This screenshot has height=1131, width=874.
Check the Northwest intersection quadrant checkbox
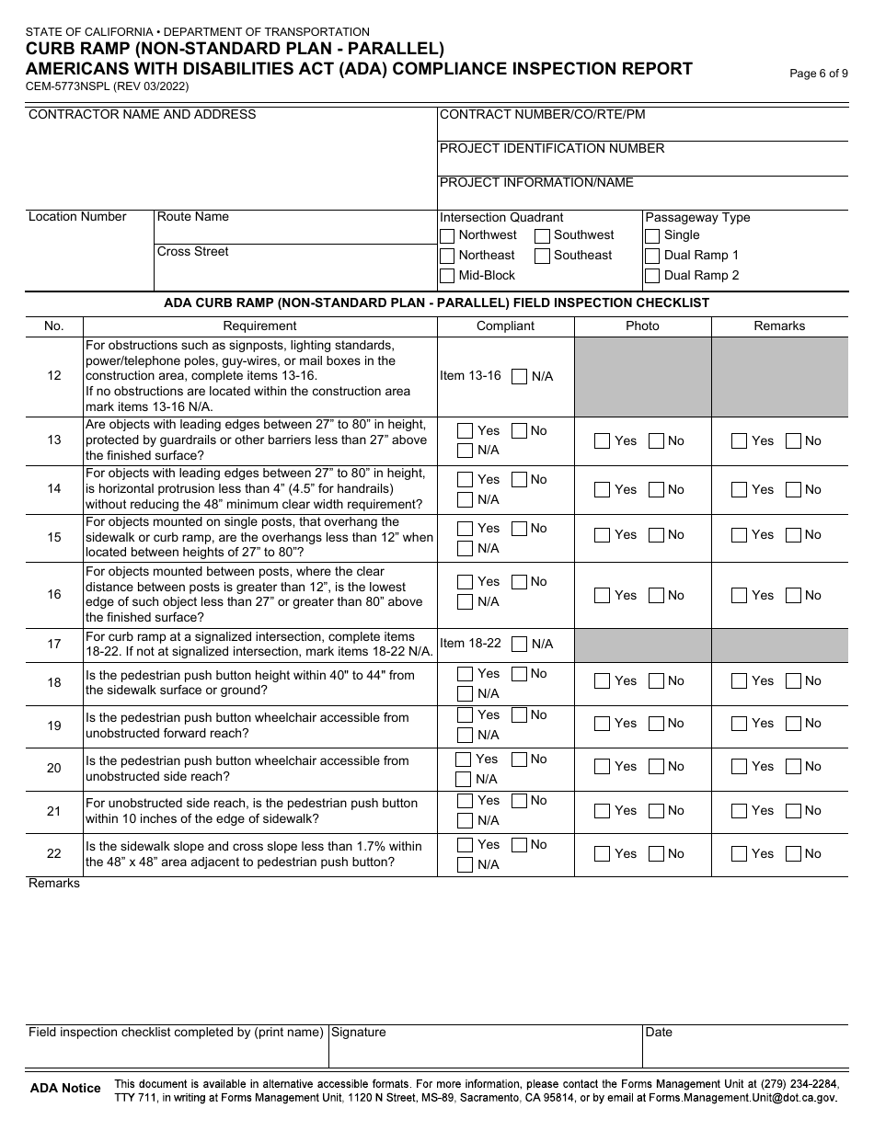[x=447, y=235]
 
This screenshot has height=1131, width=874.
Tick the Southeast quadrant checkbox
[x=543, y=256]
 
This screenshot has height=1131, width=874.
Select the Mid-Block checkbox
[x=447, y=276]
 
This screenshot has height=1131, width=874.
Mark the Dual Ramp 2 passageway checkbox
[x=652, y=276]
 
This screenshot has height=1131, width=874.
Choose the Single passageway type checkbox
[x=652, y=235]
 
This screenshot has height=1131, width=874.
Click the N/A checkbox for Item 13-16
[x=520, y=376]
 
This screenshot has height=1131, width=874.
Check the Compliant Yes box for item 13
[x=466, y=430]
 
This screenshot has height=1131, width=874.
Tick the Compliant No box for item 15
[x=520, y=529]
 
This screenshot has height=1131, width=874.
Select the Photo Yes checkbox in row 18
[x=603, y=681]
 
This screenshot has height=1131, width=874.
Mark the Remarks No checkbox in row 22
[x=794, y=854]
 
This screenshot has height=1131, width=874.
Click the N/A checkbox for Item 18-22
[x=520, y=644]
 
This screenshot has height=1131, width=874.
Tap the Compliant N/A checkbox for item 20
[x=464, y=780]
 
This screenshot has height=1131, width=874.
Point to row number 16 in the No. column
[x=54, y=595]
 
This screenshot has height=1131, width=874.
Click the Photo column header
[x=642, y=326]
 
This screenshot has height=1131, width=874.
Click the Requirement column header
[x=259, y=326]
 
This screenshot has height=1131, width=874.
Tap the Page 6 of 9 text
[x=819, y=74]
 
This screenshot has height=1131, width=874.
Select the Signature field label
[x=359, y=1033]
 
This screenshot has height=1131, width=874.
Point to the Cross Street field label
[x=193, y=252]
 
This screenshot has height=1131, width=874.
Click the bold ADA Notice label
[x=65, y=1089]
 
